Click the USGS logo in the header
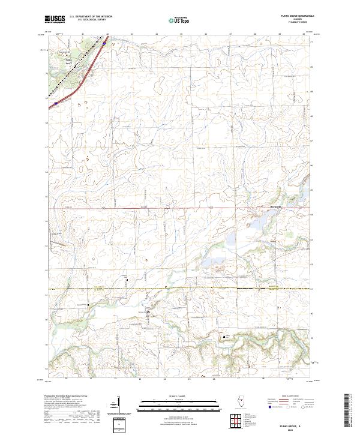tap(54, 19)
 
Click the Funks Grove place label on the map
tap(68, 60)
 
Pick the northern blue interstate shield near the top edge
tap(104, 43)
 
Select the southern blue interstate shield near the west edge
tap(56, 103)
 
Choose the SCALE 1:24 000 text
tap(167, 397)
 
